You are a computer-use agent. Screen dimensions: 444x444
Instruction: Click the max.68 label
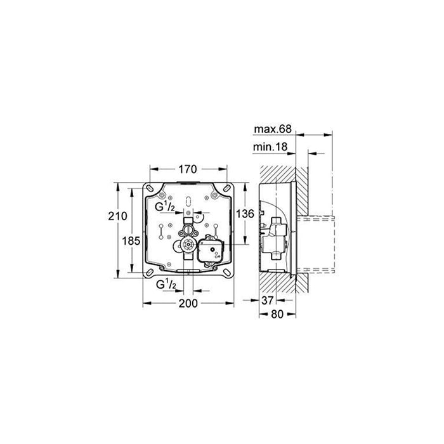point(273,129)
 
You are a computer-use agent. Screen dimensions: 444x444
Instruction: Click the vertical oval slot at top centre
point(188,202)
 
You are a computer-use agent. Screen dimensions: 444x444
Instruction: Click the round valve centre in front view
point(188,245)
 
